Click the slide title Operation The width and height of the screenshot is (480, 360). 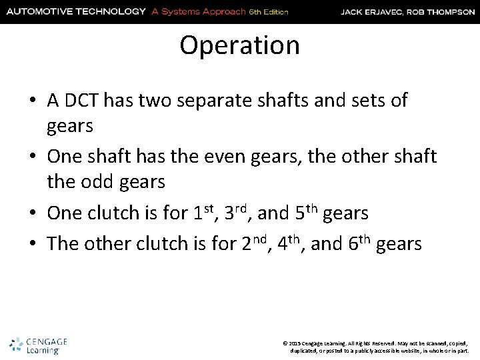239,46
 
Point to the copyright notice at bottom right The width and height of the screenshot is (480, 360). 377,346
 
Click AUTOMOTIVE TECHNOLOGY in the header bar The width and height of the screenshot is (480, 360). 75,11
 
